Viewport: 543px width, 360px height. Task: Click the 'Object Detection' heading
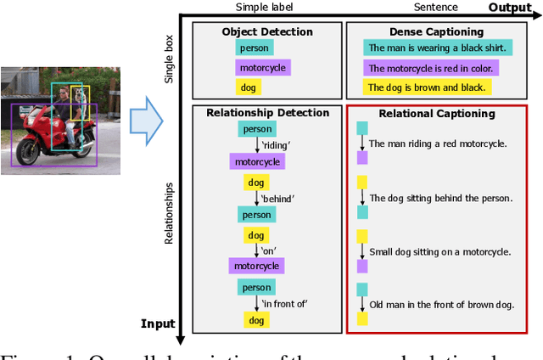pos(267,32)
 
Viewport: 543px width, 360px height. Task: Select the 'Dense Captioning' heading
pos(440,32)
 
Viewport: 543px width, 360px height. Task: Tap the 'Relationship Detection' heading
pos(267,113)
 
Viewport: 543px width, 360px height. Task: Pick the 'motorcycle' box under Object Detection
pos(261,67)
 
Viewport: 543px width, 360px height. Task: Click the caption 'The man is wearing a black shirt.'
pos(435,48)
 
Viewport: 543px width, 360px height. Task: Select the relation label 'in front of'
pos(283,303)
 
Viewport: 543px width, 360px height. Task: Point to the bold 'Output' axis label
pos(510,8)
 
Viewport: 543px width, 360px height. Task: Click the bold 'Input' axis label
pos(157,323)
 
